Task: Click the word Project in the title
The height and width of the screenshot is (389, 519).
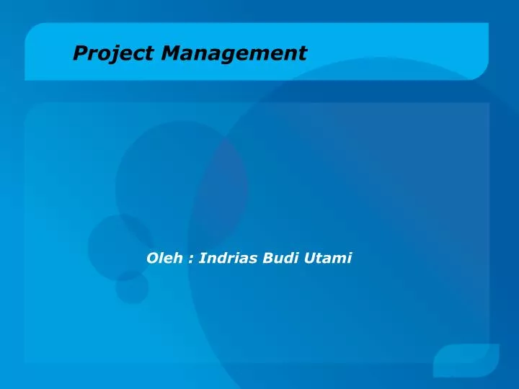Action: click(x=113, y=53)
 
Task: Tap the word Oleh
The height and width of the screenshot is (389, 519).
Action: click(x=164, y=258)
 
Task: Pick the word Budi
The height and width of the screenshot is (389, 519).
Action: click(x=280, y=258)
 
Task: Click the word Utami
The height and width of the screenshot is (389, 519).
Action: click(x=327, y=258)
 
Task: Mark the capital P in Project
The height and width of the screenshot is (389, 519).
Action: click(x=81, y=53)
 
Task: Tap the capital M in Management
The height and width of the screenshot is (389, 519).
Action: click(x=172, y=53)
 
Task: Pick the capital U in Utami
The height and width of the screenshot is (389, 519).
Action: click(x=309, y=258)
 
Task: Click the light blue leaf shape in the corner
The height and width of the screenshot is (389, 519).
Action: click(x=466, y=360)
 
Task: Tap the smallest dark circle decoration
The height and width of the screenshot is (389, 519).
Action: click(x=132, y=287)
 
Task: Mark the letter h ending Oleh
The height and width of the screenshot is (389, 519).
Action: click(x=179, y=258)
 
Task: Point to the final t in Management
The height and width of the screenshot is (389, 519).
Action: click(x=303, y=54)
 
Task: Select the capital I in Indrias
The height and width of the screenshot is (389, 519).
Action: click(x=202, y=258)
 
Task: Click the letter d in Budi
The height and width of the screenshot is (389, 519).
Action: click(x=290, y=258)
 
